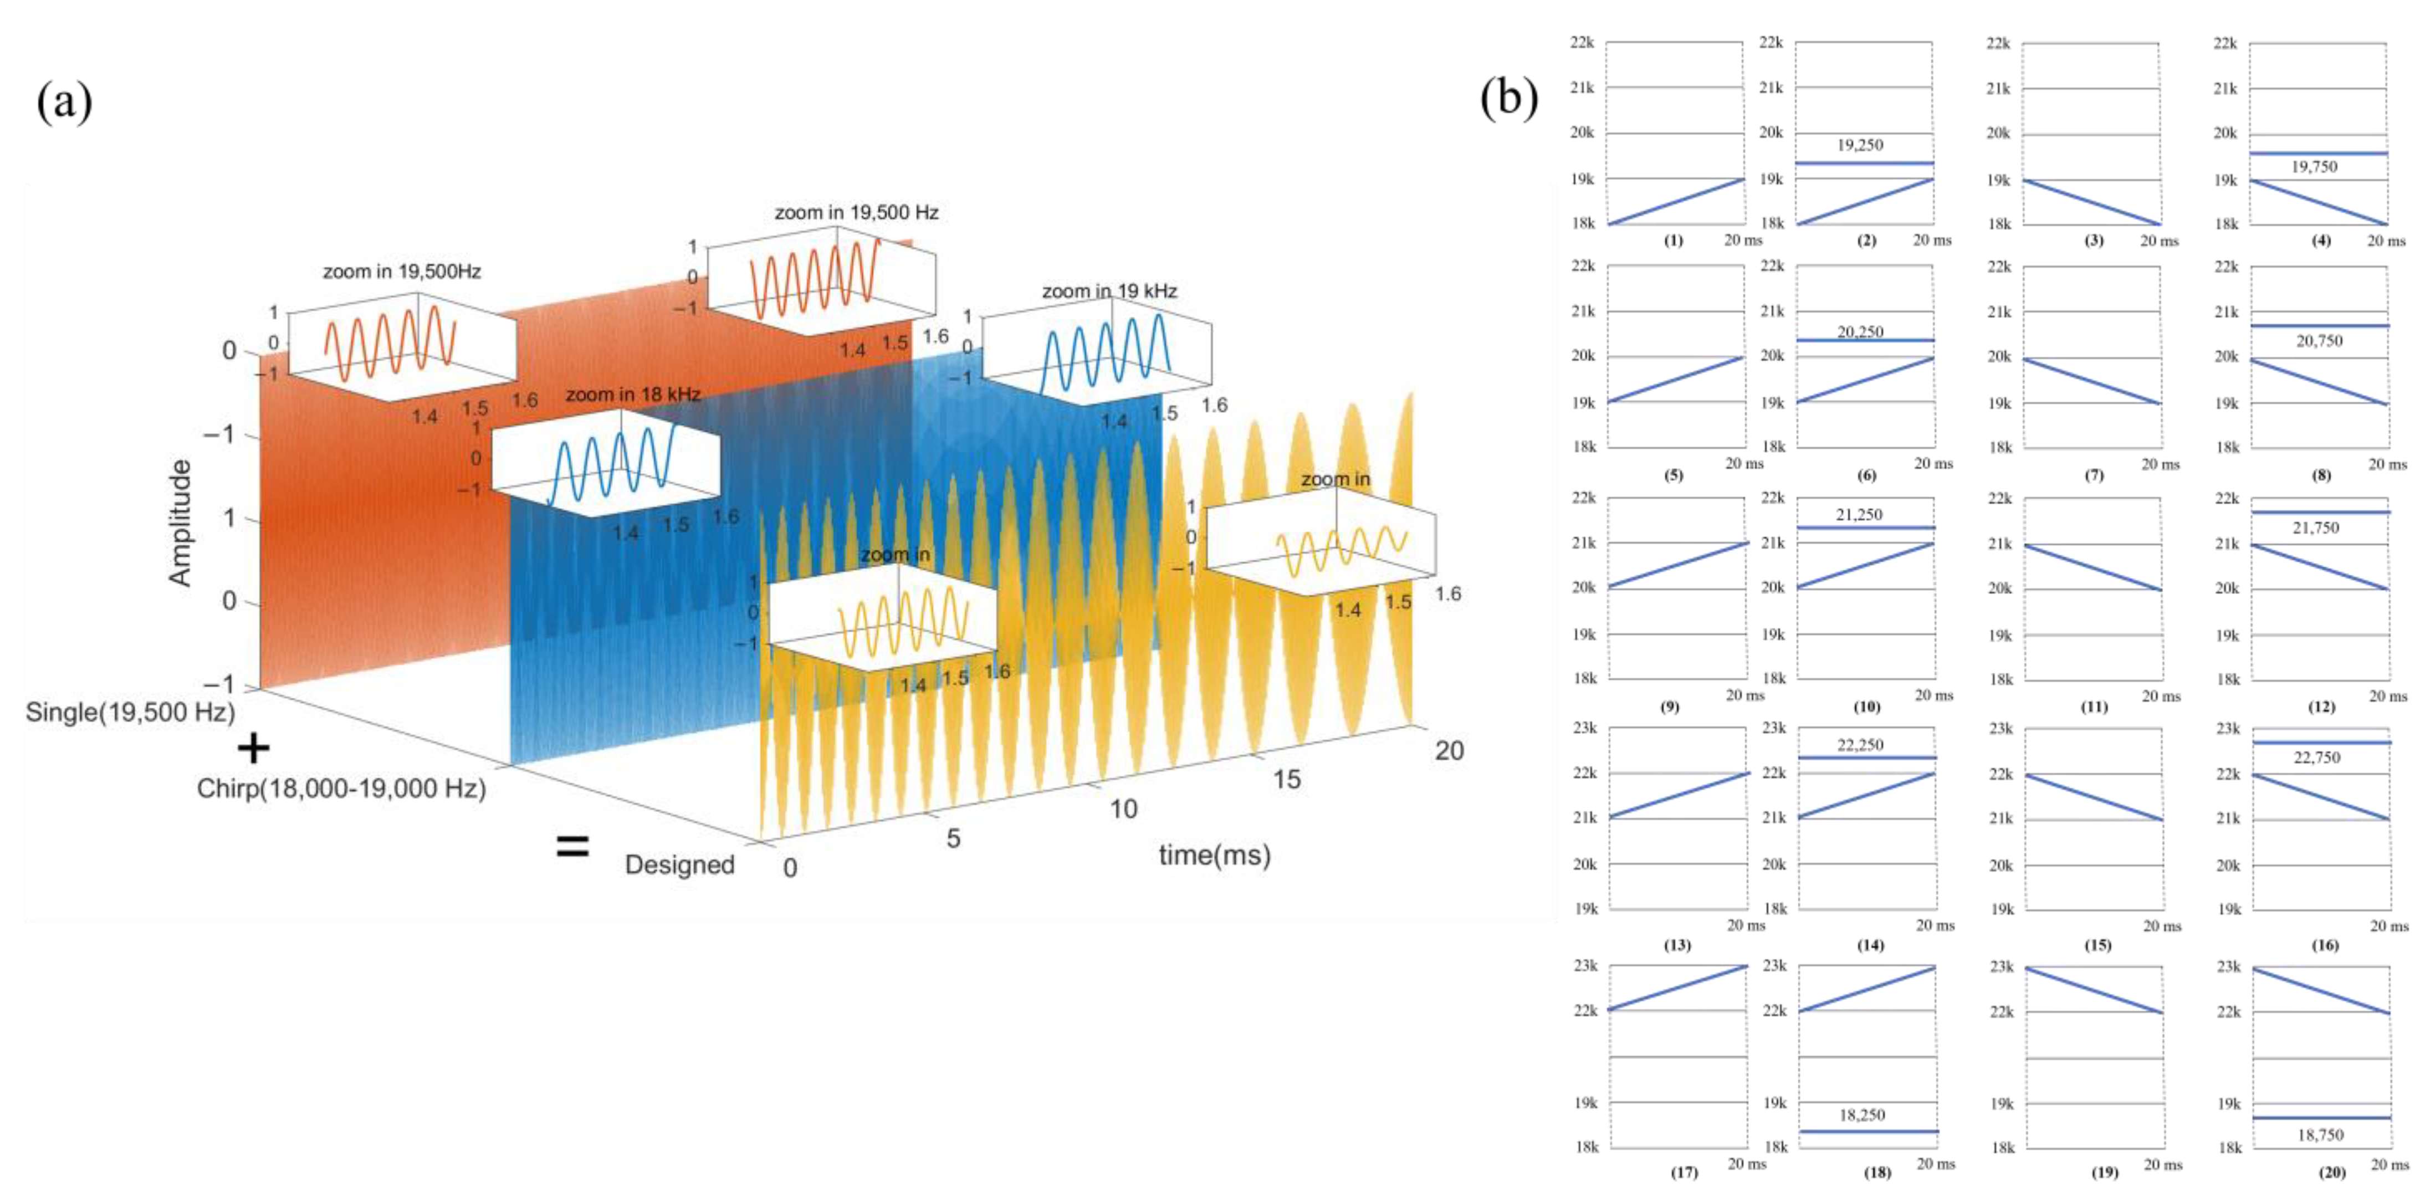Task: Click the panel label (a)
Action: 64,101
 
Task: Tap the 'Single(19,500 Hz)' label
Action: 130,712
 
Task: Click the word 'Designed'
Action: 679,864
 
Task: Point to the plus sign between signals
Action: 252,749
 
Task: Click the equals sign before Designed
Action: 572,846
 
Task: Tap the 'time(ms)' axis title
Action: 1215,855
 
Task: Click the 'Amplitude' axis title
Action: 180,523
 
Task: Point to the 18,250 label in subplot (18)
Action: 1861,1116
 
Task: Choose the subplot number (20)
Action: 2332,1173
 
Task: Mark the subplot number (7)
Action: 2095,475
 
